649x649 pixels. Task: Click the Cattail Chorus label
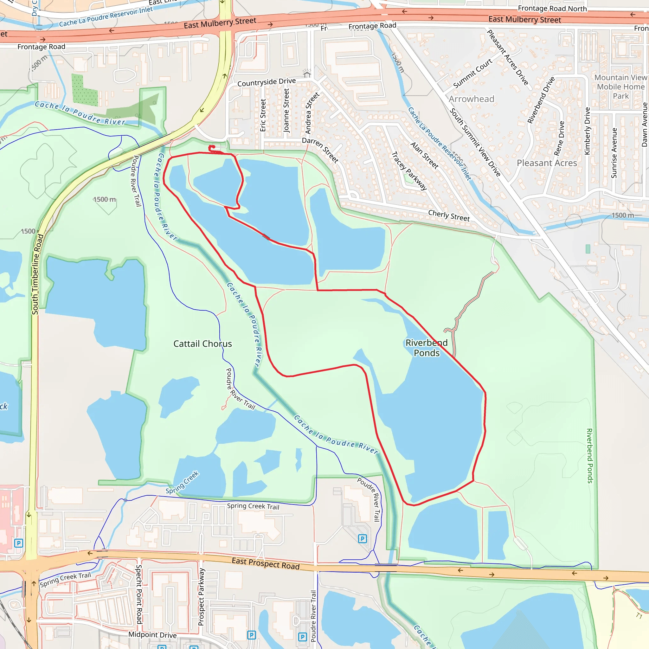[x=202, y=344]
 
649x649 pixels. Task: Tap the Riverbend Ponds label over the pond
[x=426, y=348]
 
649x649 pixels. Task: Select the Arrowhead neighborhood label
[x=471, y=99]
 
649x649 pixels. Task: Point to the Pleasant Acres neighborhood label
[x=547, y=163]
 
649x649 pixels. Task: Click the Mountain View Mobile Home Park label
[x=620, y=87]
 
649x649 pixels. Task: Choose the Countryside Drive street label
[x=267, y=82]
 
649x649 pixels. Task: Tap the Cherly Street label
[x=449, y=215]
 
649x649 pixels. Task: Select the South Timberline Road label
[x=38, y=274]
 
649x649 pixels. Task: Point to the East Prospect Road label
[x=265, y=563]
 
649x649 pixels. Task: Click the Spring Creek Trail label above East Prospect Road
[x=253, y=506]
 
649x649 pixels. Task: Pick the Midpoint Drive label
[x=152, y=634]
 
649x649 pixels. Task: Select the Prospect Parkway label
[x=201, y=597]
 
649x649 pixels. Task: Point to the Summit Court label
[x=472, y=74]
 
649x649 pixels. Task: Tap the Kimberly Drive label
[x=587, y=131]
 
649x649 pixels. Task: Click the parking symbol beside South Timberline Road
[x=19, y=543]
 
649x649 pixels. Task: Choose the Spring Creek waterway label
[x=182, y=482]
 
